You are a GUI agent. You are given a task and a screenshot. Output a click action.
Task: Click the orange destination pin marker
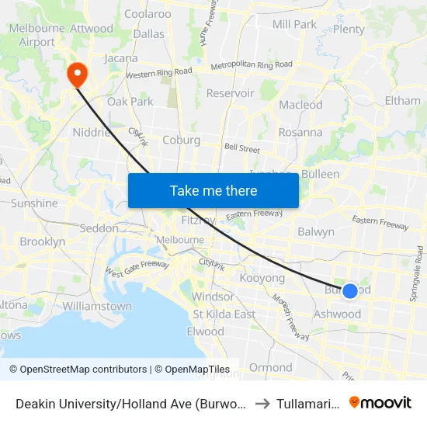(x=78, y=74)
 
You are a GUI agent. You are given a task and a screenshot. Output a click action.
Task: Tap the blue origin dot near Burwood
(x=350, y=290)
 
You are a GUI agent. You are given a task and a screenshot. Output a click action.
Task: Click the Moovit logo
(x=380, y=402)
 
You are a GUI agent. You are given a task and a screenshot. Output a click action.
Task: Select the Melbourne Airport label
(x=32, y=35)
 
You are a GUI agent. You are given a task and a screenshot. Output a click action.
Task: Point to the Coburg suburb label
(x=182, y=141)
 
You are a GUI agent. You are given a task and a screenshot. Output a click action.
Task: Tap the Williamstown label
(x=97, y=306)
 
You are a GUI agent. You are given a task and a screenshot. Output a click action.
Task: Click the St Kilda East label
(x=224, y=314)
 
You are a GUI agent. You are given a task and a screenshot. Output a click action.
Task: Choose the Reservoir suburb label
(x=230, y=93)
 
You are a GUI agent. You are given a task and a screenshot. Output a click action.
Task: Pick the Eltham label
(x=402, y=101)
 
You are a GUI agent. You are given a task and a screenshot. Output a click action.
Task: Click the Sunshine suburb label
(x=34, y=203)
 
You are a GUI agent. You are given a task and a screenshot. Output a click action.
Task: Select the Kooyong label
(x=262, y=278)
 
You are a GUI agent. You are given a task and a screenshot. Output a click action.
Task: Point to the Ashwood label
(x=337, y=314)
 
